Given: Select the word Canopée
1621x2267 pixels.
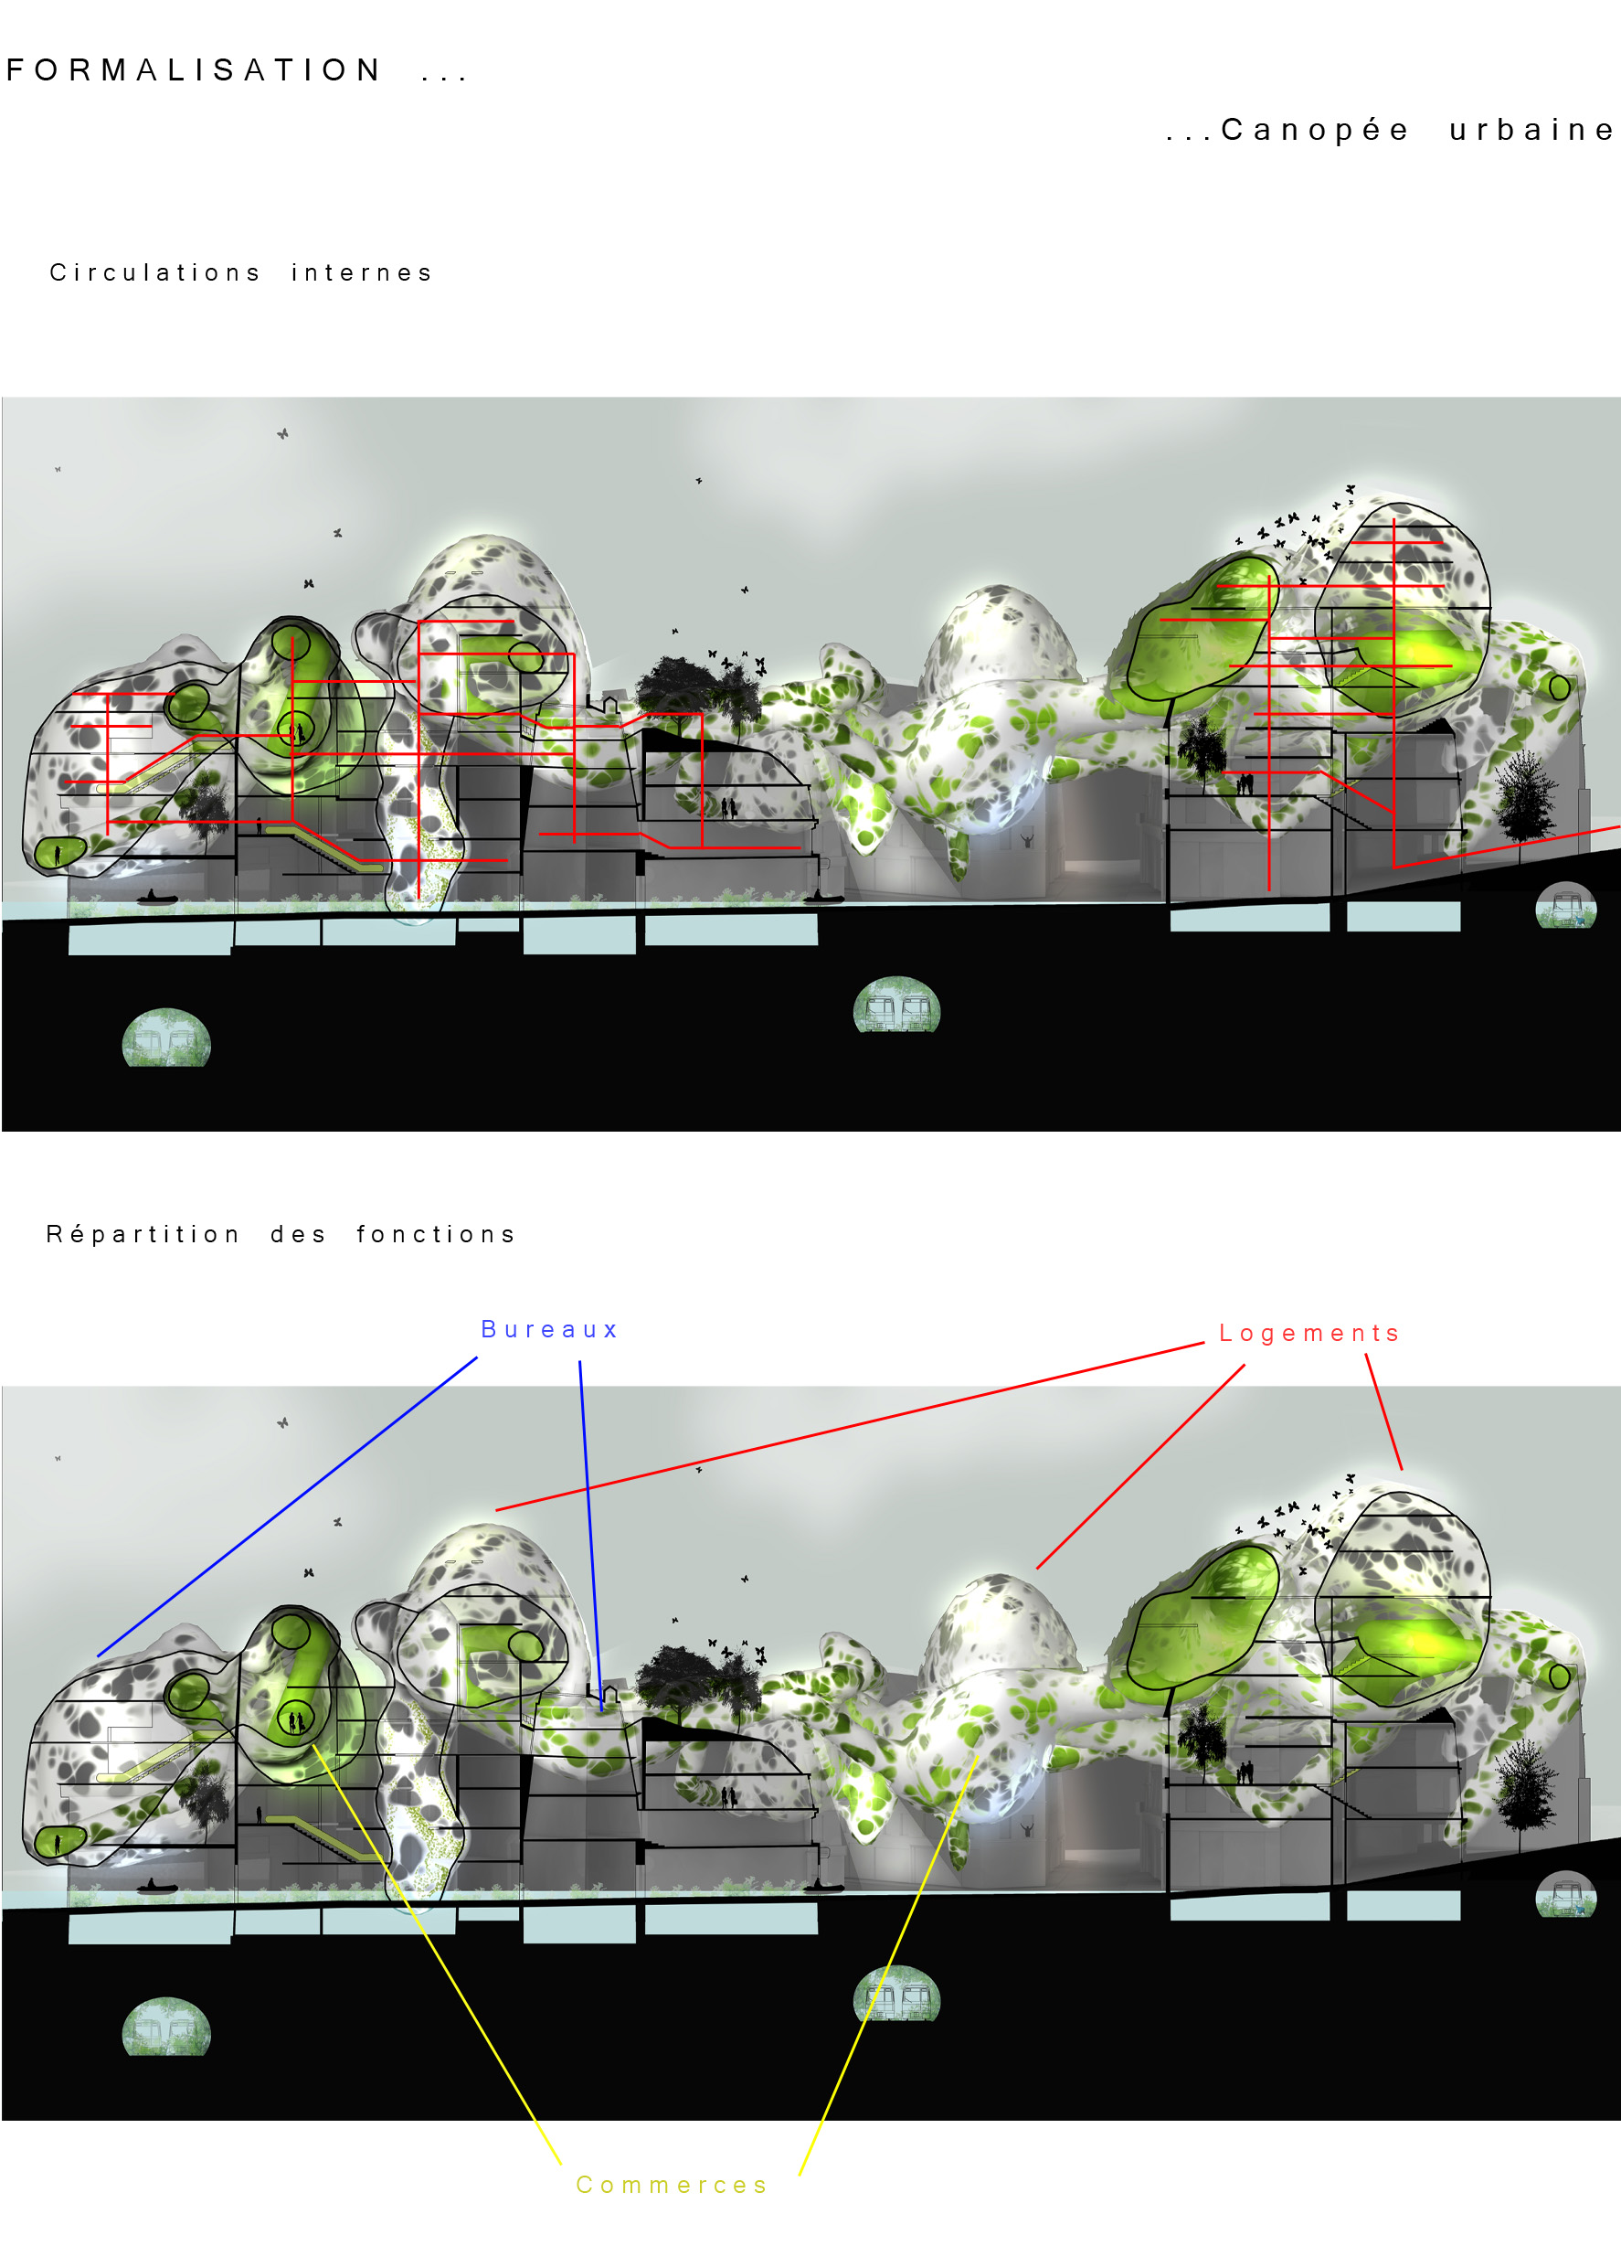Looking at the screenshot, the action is (1315, 130).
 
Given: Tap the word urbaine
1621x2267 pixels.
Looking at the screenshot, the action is (1531, 130).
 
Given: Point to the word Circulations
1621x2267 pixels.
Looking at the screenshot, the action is (154, 272).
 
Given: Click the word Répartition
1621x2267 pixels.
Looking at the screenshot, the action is (143, 1235).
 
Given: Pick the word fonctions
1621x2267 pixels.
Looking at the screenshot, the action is (436, 1235).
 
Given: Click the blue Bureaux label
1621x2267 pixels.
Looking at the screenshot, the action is (550, 1330).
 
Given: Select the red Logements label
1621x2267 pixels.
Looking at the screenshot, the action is (1309, 1334).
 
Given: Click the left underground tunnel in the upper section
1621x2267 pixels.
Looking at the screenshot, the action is (166, 1038).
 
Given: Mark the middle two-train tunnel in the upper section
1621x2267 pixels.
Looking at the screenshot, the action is (896, 1005).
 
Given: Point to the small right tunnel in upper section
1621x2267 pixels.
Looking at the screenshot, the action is (1565, 905).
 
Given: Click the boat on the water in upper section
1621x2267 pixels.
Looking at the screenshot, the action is (157, 898).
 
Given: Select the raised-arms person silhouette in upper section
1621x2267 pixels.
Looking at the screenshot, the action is (1027, 838).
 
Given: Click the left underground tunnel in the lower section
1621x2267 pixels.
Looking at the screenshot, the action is (166, 2027).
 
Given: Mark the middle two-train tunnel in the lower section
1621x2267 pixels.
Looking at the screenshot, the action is (896, 1993).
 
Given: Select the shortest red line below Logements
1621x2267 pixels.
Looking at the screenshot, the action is (1383, 1411).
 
